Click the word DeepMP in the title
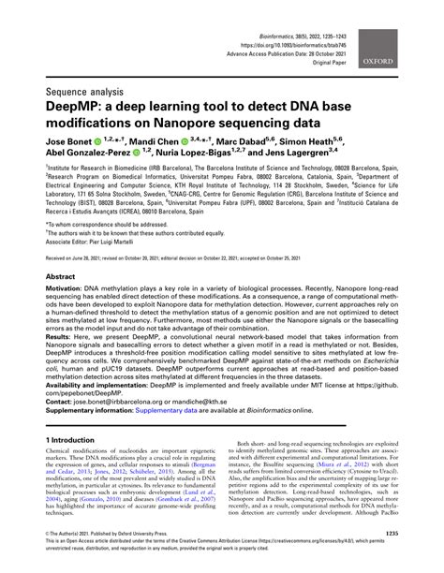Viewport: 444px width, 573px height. click(x=67, y=110)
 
